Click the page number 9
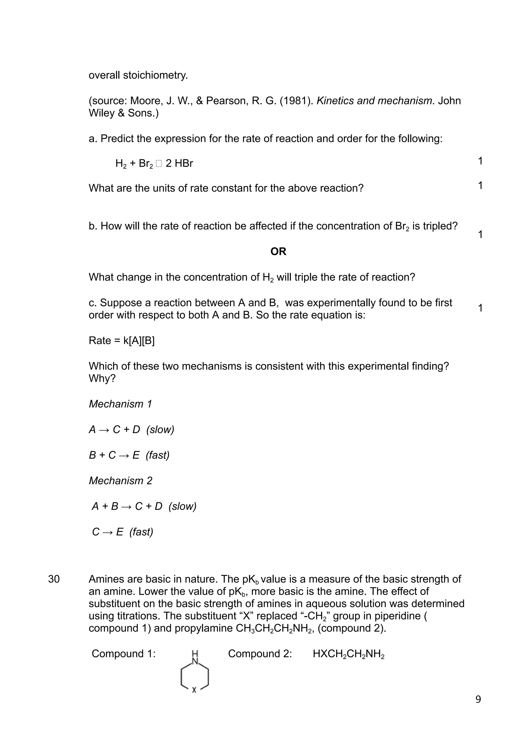tap(478, 699)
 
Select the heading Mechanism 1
tap(120, 404)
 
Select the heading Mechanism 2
tap(120, 481)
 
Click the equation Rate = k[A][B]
tap(121, 341)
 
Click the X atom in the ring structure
tap(194, 690)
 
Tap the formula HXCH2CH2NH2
tap(348, 654)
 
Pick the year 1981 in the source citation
tap(296, 101)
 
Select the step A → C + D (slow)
tap(131, 429)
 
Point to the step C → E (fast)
tap(123, 532)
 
